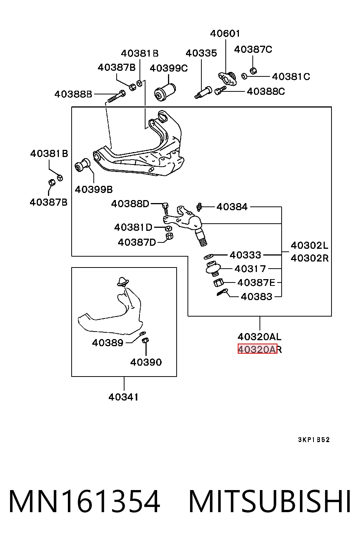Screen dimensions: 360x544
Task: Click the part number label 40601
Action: (x=225, y=33)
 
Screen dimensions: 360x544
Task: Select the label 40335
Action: (x=201, y=53)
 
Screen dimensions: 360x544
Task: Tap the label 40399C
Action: (x=169, y=68)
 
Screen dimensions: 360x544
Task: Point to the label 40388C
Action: (x=265, y=91)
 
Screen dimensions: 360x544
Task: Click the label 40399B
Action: (x=94, y=190)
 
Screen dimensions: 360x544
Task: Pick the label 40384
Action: (x=232, y=207)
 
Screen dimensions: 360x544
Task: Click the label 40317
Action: (x=250, y=269)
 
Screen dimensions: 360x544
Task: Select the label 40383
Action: (x=256, y=297)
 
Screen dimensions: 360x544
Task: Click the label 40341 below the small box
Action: (x=123, y=397)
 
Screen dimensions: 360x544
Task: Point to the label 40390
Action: (x=146, y=362)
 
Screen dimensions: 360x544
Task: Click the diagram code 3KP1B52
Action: (x=314, y=439)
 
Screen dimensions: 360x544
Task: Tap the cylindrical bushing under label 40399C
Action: (x=165, y=92)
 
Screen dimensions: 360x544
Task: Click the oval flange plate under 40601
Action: (x=227, y=78)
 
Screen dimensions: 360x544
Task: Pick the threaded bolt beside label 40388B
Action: (x=116, y=97)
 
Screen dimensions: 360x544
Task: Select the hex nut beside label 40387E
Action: (x=218, y=282)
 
